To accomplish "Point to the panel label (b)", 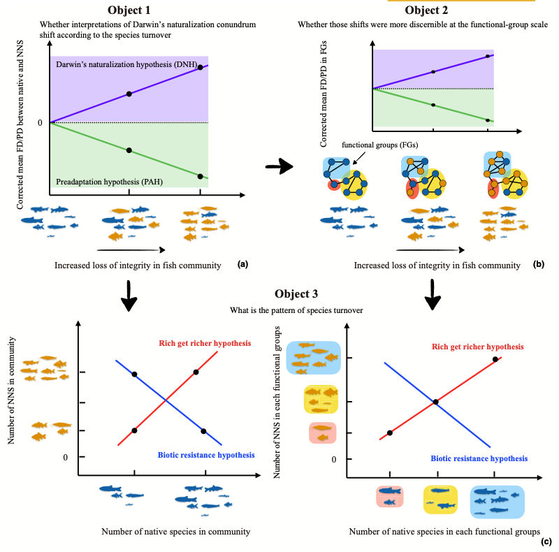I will click(x=538, y=264).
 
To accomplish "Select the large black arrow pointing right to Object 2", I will click(x=279, y=167).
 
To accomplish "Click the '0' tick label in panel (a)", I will click(x=41, y=124).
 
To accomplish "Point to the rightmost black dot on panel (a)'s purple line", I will click(x=201, y=68).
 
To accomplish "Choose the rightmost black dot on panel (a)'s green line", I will click(x=201, y=176).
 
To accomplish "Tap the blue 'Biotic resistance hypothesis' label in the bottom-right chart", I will click(x=479, y=458).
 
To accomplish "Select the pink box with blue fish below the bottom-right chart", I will click(x=388, y=497).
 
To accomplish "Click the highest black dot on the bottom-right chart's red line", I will click(x=495, y=359).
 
